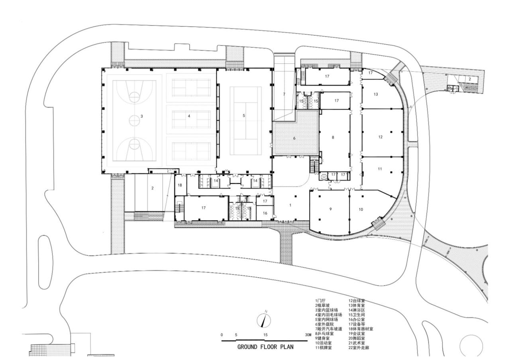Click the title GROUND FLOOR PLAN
tap(265, 346)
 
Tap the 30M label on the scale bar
tap(308, 335)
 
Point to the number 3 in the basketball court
tap(142, 116)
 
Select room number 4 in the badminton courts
tap(189, 116)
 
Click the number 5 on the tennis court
tap(244, 115)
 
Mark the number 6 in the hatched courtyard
tap(294, 138)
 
